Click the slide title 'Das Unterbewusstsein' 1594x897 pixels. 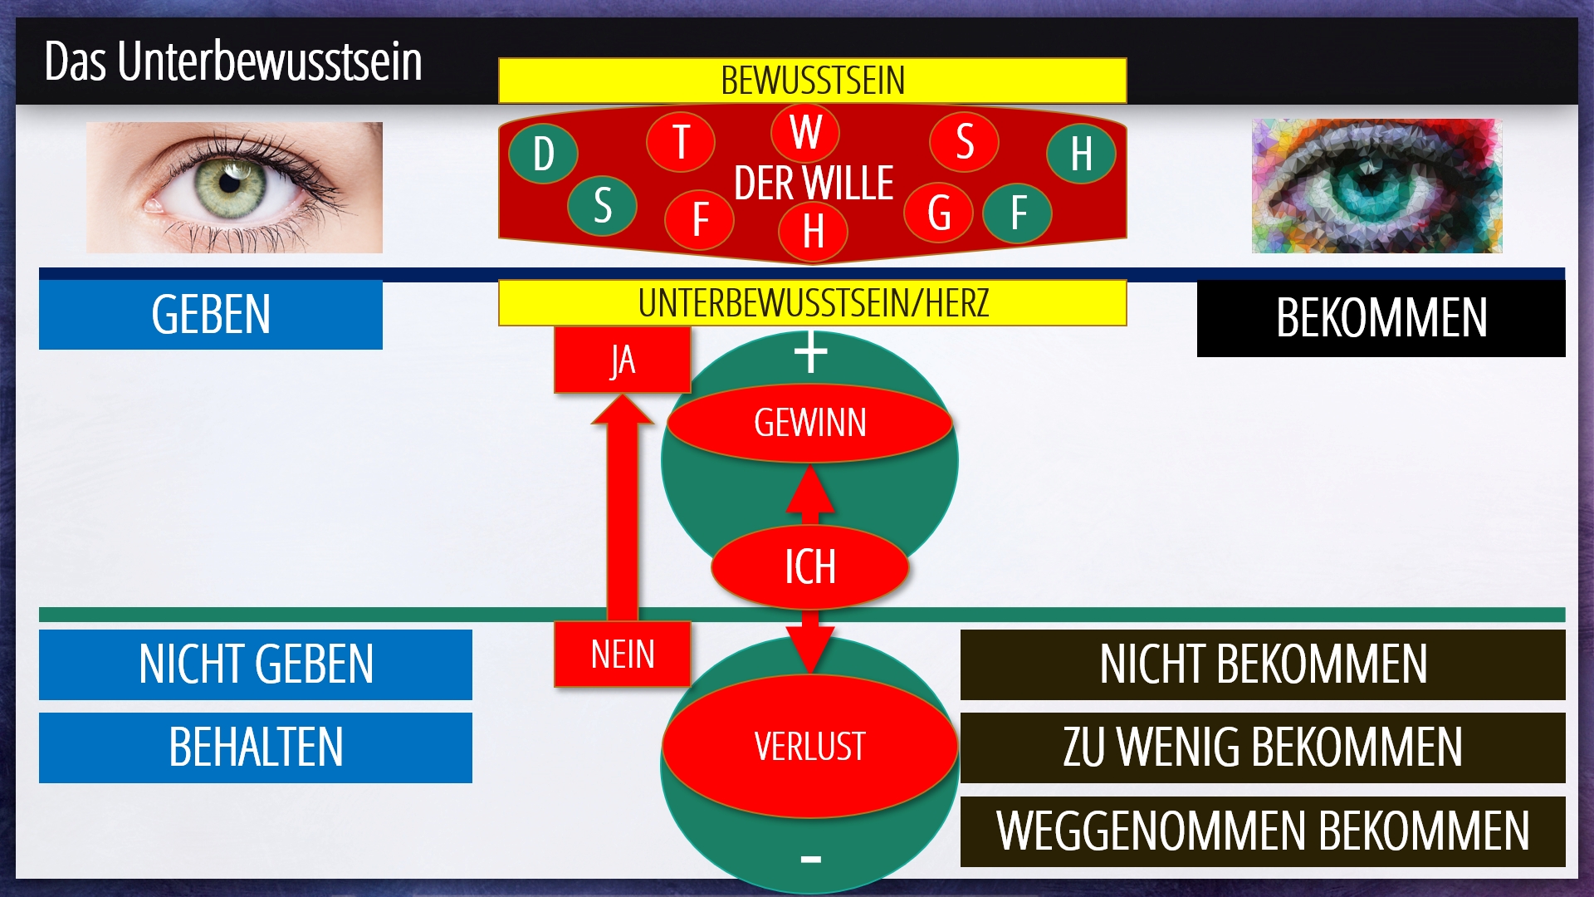(x=233, y=61)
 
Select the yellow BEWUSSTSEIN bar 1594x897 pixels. (x=812, y=81)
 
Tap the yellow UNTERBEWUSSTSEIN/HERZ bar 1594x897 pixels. (x=812, y=303)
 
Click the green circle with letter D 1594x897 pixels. (x=544, y=154)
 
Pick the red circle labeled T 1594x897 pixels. (x=681, y=142)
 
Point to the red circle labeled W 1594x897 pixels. (x=805, y=132)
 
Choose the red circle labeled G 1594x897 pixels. (x=939, y=213)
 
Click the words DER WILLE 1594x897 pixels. (x=814, y=184)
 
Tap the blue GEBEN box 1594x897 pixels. (x=211, y=315)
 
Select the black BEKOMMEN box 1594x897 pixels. (x=1381, y=319)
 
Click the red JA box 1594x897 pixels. (x=623, y=360)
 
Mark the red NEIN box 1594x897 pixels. (x=623, y=654)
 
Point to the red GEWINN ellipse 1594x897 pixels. (x=810, y=423)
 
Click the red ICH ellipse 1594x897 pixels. (x=810, y=567)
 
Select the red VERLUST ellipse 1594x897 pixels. (x=810, y=746)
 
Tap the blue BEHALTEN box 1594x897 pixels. (x=256, y=747)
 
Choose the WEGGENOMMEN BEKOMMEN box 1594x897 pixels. (x=1263, y=831)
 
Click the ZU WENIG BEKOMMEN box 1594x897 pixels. (x=1263, y=747)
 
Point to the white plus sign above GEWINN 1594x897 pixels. (x=811, y=353)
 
